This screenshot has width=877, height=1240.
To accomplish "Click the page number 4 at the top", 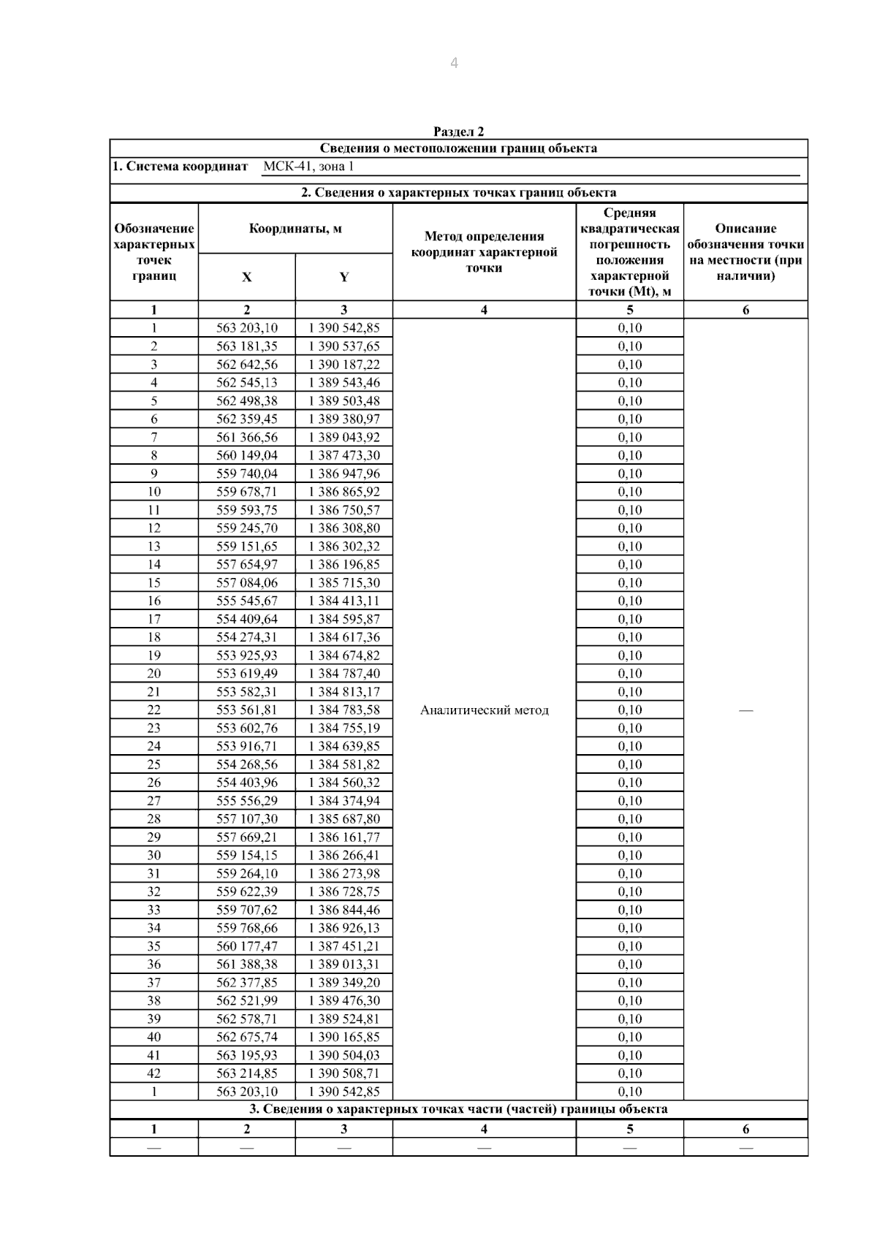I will [454, 64].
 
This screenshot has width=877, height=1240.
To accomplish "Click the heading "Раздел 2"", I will [458, 132].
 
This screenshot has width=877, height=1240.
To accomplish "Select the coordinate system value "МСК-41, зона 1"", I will [308, 167].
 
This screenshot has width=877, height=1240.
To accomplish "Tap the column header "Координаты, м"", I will [295, 229].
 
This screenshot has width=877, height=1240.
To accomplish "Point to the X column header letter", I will [246, 277].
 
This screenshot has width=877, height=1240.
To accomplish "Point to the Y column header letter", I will [343, 277].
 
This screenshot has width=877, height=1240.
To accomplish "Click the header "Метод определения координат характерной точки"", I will [484, 251].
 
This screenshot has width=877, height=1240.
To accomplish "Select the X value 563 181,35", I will [247, 346].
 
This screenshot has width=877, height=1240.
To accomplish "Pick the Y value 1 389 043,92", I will [344, 437].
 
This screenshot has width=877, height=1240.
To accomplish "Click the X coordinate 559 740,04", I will [247, 473].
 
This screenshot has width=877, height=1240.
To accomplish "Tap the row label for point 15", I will [153, 582].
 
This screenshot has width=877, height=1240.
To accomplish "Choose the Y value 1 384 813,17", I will [344, 691].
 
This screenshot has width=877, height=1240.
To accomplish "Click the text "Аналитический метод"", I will [484, 710].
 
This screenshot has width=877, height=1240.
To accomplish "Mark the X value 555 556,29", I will [247, 801].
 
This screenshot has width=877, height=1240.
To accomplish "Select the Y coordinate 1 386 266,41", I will [344, 855].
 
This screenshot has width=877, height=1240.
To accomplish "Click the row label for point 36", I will [153, 965].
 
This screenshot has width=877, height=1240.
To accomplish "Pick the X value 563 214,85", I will [247, 1073].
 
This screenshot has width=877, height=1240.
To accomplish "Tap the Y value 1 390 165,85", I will [344, 1037].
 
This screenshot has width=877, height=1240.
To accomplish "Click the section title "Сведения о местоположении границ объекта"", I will [458, 148].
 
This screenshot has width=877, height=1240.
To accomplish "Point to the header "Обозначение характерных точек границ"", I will [153, 252].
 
